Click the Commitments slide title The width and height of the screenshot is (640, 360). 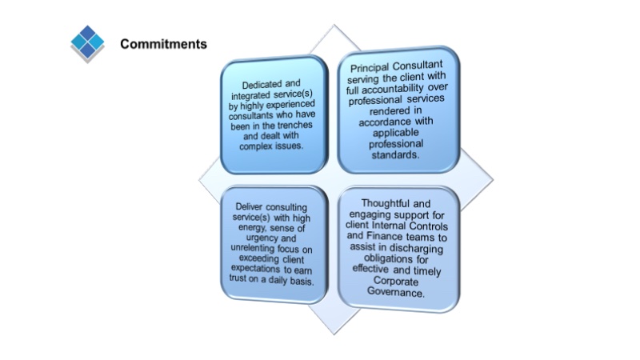163,44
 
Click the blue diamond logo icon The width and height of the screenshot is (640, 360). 87,43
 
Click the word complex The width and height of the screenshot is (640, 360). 258,148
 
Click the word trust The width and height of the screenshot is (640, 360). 242,283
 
